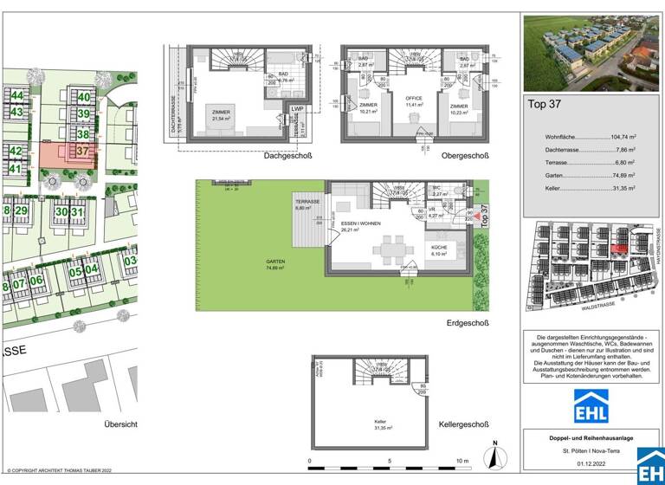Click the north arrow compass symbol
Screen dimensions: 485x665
coord(493,454)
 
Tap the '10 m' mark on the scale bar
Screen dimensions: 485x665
coord(461,461)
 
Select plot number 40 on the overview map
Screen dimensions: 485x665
coord(83,97)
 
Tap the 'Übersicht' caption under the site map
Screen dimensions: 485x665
coord(123,424)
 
